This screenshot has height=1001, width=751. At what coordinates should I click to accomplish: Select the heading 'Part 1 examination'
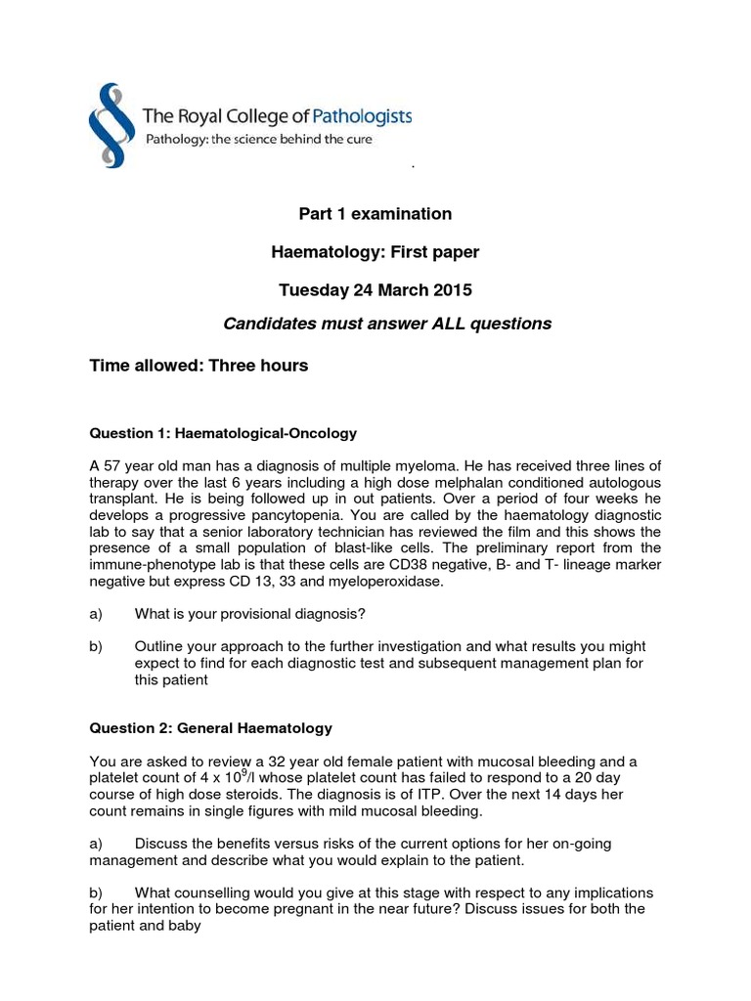375,214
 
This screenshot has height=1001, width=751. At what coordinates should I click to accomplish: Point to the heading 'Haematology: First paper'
375,252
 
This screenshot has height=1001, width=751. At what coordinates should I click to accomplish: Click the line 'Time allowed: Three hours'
199,366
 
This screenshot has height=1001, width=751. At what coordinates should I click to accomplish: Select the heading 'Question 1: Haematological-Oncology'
222,432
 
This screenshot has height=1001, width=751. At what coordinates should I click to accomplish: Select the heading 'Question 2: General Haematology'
210,728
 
